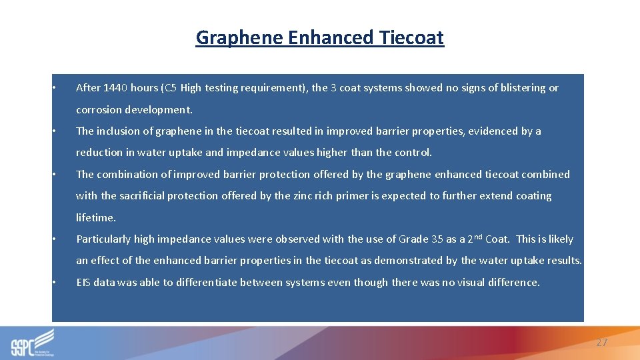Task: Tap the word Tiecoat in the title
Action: click(x=411, y=38)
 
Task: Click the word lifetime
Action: click(x=96, y=217)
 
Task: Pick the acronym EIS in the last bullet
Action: click(x=83, y=283)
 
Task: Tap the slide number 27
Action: click(x=601, y=343)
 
